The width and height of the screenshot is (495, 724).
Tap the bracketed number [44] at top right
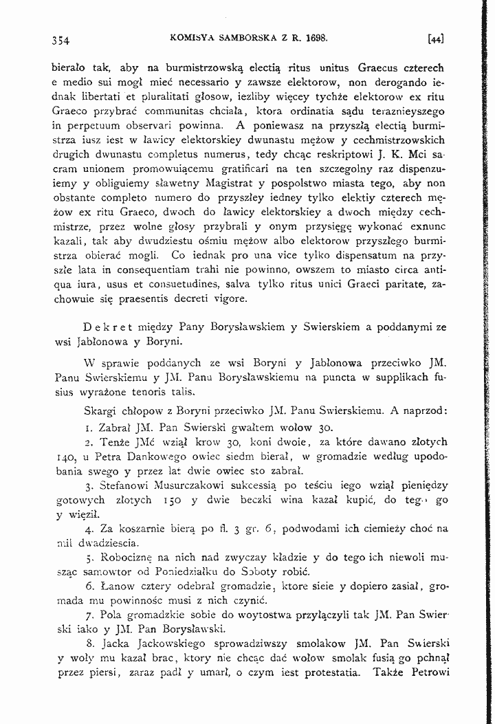[x=434, y=39]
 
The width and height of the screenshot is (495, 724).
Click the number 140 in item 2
[x=65, y=457]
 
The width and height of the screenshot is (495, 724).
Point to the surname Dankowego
[x=157, y=457]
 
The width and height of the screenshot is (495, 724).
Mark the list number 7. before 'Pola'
[x=90, y=615]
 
